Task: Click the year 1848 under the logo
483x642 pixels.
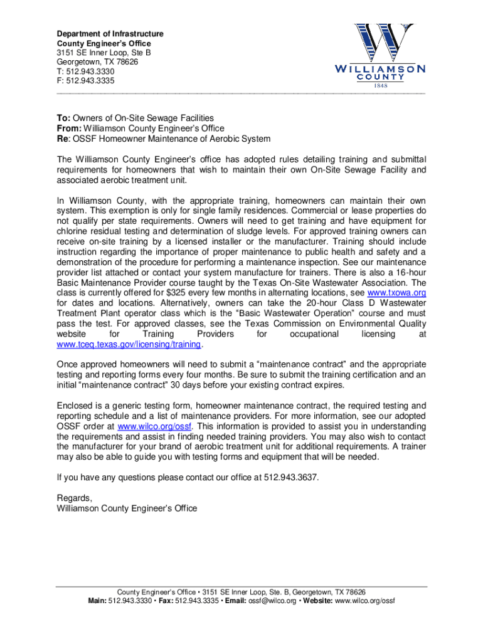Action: tap(381, 85)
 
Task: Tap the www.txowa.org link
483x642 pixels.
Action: tap(396, 292)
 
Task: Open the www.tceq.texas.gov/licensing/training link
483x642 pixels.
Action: tap(129, 345)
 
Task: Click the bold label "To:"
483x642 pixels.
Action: tap(63, 118)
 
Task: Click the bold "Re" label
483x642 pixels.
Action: tap(62, 139)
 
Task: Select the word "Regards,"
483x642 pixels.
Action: tap(75, 498)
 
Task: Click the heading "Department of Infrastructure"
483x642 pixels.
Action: tap(110, 33)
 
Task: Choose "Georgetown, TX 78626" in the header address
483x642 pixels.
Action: tap(97, 62)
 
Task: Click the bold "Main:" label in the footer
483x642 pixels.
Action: tap(97, 601)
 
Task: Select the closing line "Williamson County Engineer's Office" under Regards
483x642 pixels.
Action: tap(126, 508)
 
